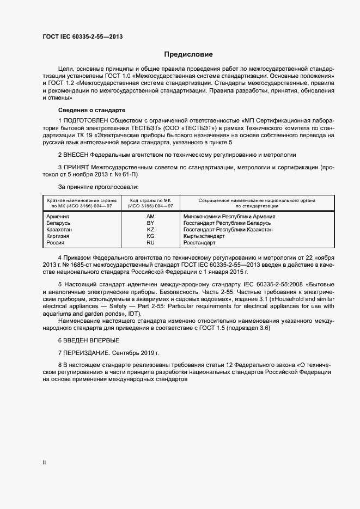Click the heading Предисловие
(189, 54)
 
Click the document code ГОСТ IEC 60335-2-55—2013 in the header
(82, 36)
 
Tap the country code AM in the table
(150, 217)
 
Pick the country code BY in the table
(150, 223)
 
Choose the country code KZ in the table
(150, 230)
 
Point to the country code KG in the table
(150, 236)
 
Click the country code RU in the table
(150, 243)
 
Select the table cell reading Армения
(58, 217)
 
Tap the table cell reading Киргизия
(58, 236)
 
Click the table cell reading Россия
(56, 243)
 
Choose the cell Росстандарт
(199, 243)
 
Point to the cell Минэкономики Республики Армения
(229, 217)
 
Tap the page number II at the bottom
(44, 463)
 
